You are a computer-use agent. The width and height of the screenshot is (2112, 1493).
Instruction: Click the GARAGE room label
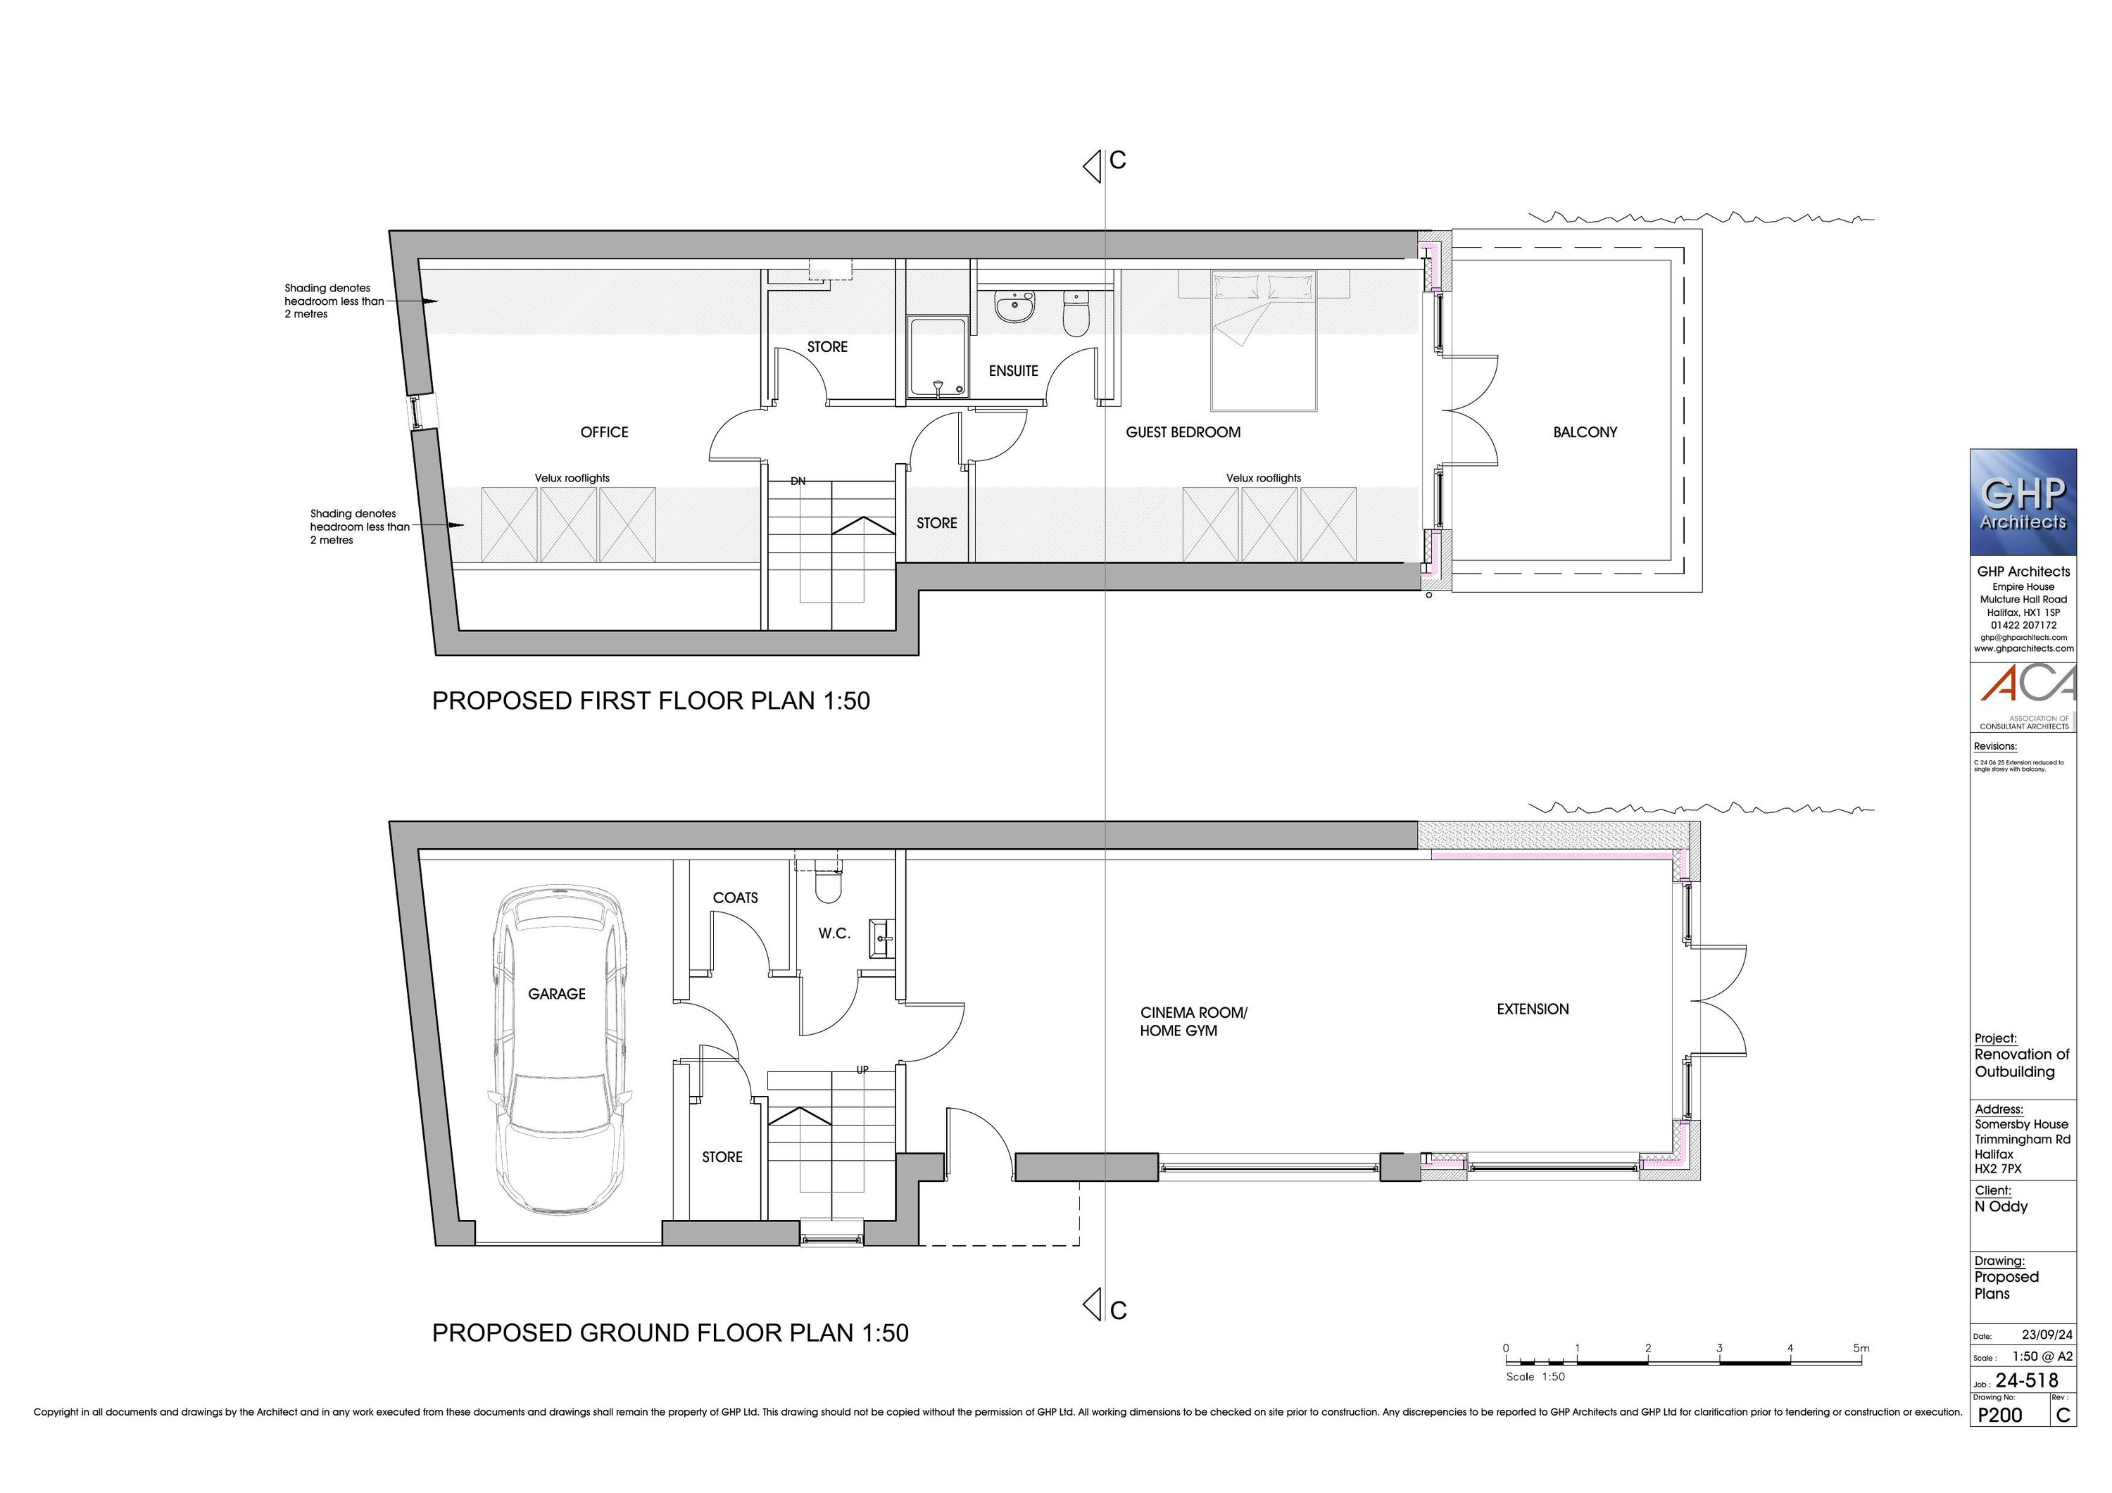click(557, 993)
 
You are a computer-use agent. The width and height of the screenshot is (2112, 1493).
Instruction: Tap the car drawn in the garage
click(559, 1085)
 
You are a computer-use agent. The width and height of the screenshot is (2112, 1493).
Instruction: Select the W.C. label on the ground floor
click(834, 933)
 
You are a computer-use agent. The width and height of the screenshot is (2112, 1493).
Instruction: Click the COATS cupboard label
click(735, 897)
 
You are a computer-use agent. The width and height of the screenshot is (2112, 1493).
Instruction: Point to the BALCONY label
click(1584, 432)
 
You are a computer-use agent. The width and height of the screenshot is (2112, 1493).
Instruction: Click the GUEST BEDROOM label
click(1183, 432)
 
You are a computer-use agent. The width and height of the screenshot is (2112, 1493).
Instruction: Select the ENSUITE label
click(1013, 371)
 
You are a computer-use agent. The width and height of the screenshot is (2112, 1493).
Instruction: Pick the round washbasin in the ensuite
click(1014, 306)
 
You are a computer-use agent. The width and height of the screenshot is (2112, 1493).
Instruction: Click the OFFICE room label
click(604, 432)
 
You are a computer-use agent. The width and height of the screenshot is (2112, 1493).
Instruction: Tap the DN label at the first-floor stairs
click(798, 481)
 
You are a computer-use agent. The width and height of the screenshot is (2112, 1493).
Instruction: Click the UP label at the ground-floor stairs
click(862, 1070)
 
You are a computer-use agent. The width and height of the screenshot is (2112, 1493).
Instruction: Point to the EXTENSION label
click(1533, 1009)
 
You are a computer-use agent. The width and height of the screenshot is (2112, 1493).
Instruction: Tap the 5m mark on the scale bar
click(1861, 1349)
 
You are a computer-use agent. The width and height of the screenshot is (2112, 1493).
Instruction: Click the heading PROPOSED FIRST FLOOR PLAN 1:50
click(650, 701)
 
